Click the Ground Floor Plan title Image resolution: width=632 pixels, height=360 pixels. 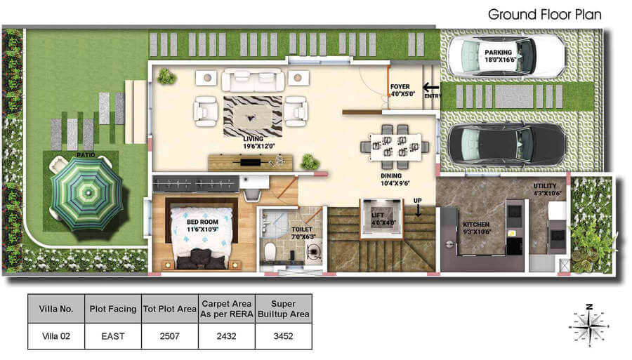(x=544, y=15)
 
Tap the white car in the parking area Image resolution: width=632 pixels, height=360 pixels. (x=506, y=56)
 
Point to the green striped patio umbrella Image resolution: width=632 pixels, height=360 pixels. (x=86, y=194)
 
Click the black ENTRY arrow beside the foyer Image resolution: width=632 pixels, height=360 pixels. (x=431, y=87)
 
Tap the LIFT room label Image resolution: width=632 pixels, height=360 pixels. (x=383, y=219)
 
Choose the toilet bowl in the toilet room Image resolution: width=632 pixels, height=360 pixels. (x=270, y=251)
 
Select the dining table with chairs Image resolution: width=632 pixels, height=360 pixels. (x=395, y=147)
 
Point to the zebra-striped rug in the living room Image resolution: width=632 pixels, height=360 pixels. (x=253, y=116)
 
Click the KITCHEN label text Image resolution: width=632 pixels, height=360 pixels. (x=476, y=225)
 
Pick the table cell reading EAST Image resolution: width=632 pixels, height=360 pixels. (x=113, y=336)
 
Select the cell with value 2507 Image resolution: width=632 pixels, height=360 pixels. (x=170, y=336)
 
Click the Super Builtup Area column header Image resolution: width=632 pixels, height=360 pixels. (x=284, y=309)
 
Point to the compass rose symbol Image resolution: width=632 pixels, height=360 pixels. (x=589, y=326)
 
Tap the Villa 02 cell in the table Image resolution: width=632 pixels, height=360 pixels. (x=56, y=336)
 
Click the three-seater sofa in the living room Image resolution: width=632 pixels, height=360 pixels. (x=253, y=80)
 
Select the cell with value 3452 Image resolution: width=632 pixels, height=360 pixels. (x=284, y=336)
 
